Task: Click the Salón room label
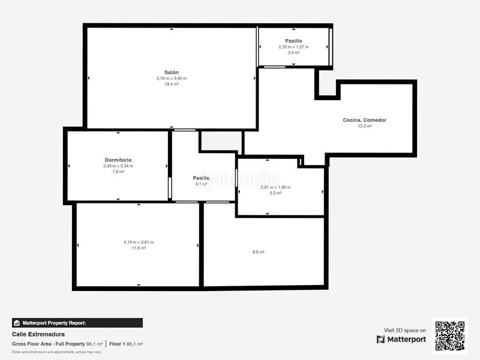(x=172, y=73)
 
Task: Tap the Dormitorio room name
(x=118, y=160)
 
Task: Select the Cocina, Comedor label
(x=365, y=121)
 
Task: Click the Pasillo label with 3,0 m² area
(x=293, y=41)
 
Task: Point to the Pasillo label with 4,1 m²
(x=201, y=178)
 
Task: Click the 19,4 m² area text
(x=172, y=84)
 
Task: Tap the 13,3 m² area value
(x=365, y=126)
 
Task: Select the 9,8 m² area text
(x=259, y=252)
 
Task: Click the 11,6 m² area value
(x=139, y=248)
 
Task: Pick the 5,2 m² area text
(x=275, y=193)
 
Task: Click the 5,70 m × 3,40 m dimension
(x=172, y=79)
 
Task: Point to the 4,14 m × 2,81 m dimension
(x=139, y=242)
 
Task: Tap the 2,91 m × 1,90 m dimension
(x=275, y=187)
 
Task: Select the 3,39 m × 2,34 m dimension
(x=118, y=166)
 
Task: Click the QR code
(x=450, y=336)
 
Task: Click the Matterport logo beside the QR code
(x=401, y=340)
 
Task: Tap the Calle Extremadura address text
(x=38, y=334)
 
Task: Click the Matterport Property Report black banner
(x=77, y=323)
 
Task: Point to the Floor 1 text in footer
(x=117, y=344)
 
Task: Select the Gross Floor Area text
(x=32, y=344)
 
